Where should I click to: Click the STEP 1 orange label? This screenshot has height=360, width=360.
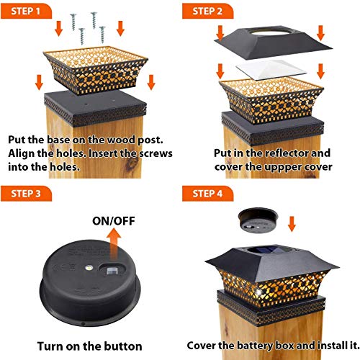(x=26, y=11)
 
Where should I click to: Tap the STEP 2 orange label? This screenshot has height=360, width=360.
(x=207, y=11)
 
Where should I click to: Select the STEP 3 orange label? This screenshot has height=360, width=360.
(x=26, y=194)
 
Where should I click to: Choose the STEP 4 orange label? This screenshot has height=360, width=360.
(x=207, y=194)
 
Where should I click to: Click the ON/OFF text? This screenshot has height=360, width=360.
(x=114, y=221)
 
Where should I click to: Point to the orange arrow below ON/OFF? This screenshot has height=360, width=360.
(x=114, y=243)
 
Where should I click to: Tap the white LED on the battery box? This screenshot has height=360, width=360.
(x=89, y=267)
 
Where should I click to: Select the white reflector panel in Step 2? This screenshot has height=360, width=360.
(x=271, y=70)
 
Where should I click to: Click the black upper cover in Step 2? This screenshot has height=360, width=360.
(x=273, y=43)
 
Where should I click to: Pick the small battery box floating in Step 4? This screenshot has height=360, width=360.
(x=258, y=220)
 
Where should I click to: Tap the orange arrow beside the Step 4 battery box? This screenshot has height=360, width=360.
(x=292, y=224)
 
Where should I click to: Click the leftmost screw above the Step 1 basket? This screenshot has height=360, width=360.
(x=73, y=22)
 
